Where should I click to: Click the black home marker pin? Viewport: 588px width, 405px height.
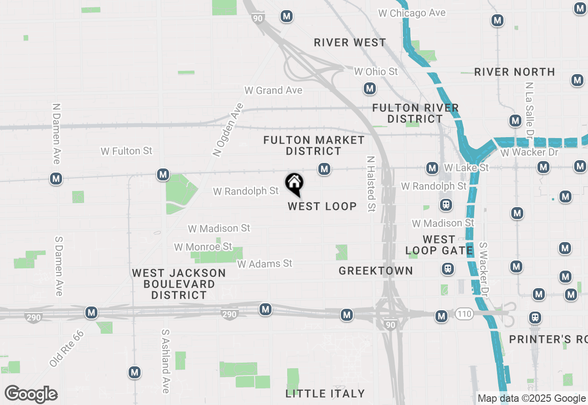294,184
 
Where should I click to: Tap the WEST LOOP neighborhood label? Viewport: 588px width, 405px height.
322,206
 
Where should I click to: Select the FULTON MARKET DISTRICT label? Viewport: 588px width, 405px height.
314,145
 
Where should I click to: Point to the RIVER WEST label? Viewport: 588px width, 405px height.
350,43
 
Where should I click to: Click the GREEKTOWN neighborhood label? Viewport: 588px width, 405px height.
376,271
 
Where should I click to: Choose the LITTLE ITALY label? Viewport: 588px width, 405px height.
325,393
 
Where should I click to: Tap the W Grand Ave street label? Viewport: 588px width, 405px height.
273,90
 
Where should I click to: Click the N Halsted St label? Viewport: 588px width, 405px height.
371,184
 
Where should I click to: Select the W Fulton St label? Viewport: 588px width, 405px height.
126,151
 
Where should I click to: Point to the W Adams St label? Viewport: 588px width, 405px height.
265,264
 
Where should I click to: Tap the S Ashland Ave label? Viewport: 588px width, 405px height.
165,361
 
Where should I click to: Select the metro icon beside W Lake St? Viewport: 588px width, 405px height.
432,168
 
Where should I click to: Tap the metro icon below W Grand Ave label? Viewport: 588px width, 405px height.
369,88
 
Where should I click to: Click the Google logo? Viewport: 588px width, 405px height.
31,394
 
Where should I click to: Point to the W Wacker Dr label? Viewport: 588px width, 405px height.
529,152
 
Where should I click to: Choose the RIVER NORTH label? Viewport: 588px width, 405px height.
514,72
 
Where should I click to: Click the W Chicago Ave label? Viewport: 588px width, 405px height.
412,13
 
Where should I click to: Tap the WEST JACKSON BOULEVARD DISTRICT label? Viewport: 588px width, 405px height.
179,284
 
